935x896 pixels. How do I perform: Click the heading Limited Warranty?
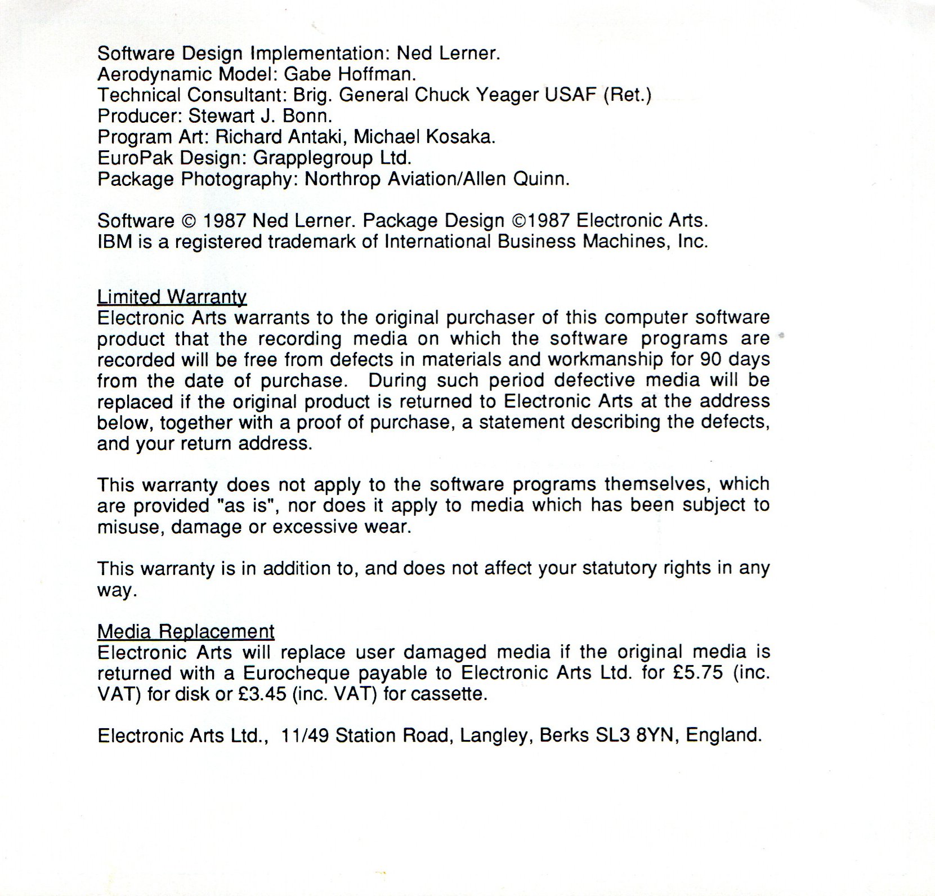[x=172, y=297]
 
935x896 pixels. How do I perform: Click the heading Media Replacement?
[x=186, y=631]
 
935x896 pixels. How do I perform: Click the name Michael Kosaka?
[x=424, y=137]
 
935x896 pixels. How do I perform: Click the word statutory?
[x=615, y=569]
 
